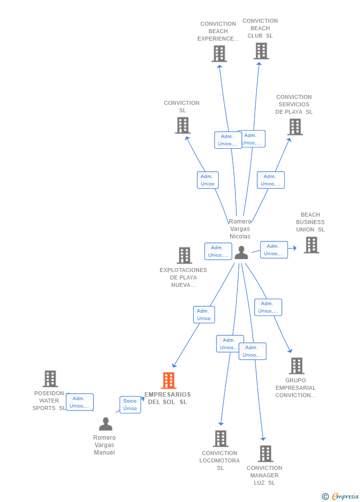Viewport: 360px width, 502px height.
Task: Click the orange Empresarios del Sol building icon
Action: (169, 380)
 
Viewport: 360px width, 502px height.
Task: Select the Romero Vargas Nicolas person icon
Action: (241, 252)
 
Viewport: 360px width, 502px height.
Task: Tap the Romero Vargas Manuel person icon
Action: (105, 424)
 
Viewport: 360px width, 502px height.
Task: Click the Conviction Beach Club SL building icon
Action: (261, 50)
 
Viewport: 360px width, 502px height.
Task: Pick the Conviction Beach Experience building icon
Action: (219, 53)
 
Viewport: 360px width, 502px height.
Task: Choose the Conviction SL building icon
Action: (183, 125)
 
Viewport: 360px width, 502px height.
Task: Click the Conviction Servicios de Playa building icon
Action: (295, 127)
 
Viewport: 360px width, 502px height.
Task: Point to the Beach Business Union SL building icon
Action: (311, 245)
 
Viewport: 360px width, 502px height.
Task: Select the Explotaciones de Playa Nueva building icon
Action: (184, 255)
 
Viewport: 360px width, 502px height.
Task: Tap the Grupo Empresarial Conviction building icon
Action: (296, 365)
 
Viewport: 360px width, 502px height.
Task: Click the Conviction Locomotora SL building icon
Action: (221, 438)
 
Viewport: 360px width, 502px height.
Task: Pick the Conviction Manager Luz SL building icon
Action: (266, 453)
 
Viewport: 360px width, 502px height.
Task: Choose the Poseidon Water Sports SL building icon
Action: (50, 378)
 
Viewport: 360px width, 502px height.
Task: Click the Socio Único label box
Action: (130, 405)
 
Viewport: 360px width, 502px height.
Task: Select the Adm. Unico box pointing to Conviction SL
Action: (208, 180)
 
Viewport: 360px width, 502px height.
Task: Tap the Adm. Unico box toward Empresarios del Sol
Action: (204, 315)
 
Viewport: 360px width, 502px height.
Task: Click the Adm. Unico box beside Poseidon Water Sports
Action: (80, 402)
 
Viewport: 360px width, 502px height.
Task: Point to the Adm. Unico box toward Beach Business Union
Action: (274, 250)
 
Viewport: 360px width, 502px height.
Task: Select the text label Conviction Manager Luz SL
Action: (265, 475)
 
